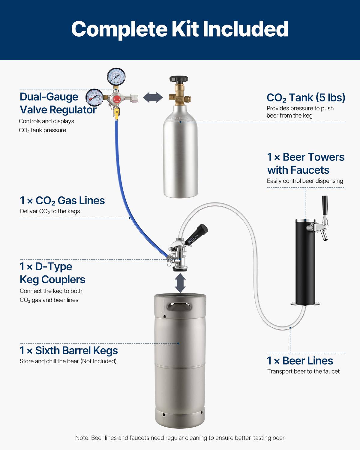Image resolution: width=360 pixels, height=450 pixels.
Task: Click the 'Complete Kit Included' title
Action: (x=180, y=29)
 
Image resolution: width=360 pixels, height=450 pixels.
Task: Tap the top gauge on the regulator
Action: (x=116, y=77)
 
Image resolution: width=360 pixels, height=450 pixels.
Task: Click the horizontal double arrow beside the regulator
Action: (x=153, y=97)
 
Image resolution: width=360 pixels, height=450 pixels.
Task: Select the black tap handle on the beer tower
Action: (x=325, y=205)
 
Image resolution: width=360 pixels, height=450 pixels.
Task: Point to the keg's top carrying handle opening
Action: (x=180, y=307)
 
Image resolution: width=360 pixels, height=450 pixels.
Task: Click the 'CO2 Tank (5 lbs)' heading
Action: (x=306, y=98)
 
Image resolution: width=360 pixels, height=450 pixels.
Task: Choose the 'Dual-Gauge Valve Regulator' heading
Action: (x=58, y=103)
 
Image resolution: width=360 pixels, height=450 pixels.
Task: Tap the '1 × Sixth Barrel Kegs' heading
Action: (x=69, y=350)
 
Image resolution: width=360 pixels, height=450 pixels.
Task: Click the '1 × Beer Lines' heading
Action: (x=300, y=361)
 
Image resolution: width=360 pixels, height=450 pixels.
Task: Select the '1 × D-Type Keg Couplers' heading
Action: (x=52, y=273)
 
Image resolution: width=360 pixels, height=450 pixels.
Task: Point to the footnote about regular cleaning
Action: (x=180, y=438)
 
